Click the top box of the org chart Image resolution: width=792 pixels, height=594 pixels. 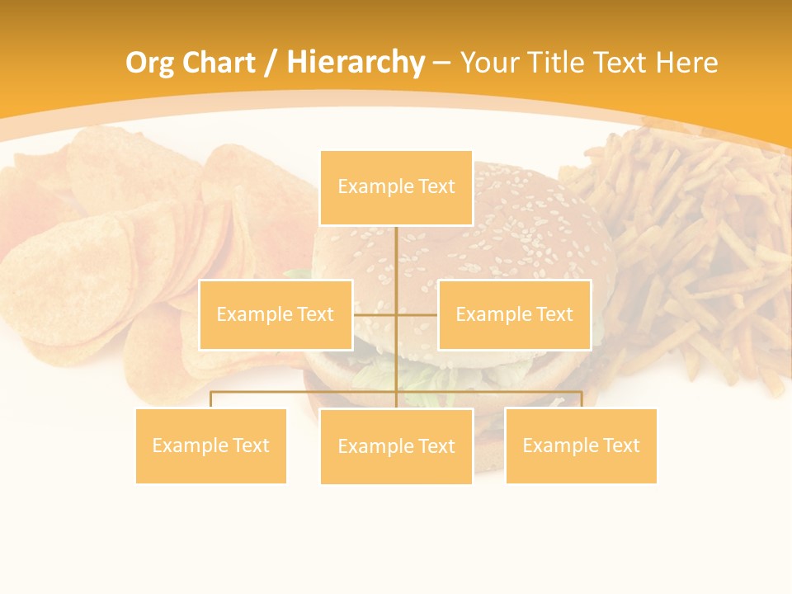396,187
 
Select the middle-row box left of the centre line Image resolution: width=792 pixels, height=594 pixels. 276,314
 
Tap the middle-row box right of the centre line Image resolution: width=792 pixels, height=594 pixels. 514,314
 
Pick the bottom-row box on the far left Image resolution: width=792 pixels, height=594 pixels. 211,445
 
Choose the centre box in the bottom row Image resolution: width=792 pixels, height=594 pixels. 396,446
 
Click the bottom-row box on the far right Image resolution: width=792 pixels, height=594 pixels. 581,445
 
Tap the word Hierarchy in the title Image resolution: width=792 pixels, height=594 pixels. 355,63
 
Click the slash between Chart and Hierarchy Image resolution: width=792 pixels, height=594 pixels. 271,63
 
